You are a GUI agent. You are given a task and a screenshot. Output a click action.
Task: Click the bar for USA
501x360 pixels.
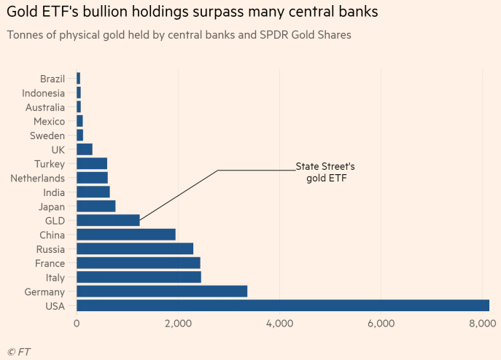click(283, 305)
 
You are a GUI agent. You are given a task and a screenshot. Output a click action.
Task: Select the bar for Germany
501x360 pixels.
click(162, 291)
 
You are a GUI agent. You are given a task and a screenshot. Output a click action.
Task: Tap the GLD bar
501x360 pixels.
click(108, 220)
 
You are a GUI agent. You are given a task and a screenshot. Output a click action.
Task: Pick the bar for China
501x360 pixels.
click(126, 235)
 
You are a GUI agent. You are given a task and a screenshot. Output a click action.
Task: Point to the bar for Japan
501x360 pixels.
click(96, 206)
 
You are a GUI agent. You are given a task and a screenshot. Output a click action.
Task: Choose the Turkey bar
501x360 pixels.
click(92, 164)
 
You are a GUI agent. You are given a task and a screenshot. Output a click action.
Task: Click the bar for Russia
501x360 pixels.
click(135, 249)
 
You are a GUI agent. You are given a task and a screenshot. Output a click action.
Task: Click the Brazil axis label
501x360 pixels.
click(53, 79)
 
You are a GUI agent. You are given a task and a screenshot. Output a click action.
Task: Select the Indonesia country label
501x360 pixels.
click(43, 93)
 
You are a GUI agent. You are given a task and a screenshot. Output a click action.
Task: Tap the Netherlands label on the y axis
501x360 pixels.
click(37, 179)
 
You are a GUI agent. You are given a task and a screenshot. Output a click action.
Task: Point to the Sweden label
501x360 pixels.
click(47, 136)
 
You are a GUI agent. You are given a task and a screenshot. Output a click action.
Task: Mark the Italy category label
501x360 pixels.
click(54, 278)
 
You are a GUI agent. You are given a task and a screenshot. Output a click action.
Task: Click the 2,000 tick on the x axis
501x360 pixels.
click(178, 323)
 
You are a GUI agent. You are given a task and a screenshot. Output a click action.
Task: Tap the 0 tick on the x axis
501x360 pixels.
click(77, 323)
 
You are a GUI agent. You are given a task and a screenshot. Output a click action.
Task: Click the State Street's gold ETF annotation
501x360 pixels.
click(325, 172)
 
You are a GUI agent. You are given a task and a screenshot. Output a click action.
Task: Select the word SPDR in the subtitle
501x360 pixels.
click(265, 34)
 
